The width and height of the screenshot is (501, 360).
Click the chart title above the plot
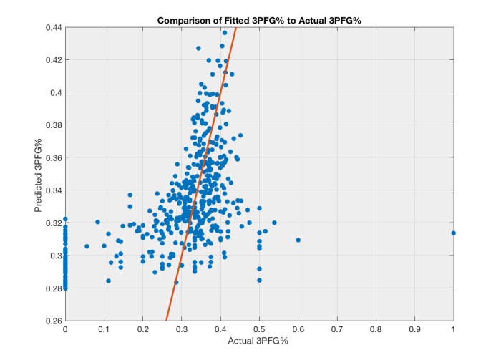(x=258, y=20)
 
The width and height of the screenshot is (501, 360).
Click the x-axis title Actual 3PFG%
(x=259, y=342)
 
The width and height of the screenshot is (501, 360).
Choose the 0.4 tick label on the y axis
(x=55, y=92)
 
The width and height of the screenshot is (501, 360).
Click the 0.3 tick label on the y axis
(x=55, y=256)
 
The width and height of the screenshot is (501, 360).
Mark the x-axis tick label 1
(x=454, y=330)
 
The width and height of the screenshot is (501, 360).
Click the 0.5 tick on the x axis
(x=259, y=330)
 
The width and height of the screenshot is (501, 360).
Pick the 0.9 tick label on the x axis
(x=415, y=330)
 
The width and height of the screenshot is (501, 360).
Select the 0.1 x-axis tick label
(x=104, y=330)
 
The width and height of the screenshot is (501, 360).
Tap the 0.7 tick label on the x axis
(x=337, y=330)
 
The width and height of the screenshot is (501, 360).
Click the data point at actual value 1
(x=454, y=233)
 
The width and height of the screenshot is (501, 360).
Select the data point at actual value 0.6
(x=298, y=240)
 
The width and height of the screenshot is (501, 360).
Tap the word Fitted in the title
(x=237, y=20)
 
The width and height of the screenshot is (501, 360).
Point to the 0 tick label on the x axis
(x=65, y=330)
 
